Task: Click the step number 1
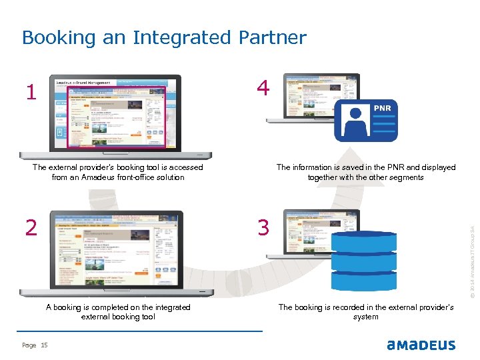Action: [x=29, y=92]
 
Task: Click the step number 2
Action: [x=31, y=228]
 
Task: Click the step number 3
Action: [x=264, y=228]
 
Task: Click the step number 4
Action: [x=263, y=88]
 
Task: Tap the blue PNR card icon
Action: [x=365, y=121]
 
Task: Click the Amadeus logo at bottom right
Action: [x=421, y=345]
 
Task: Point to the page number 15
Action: [x=45, y=345]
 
